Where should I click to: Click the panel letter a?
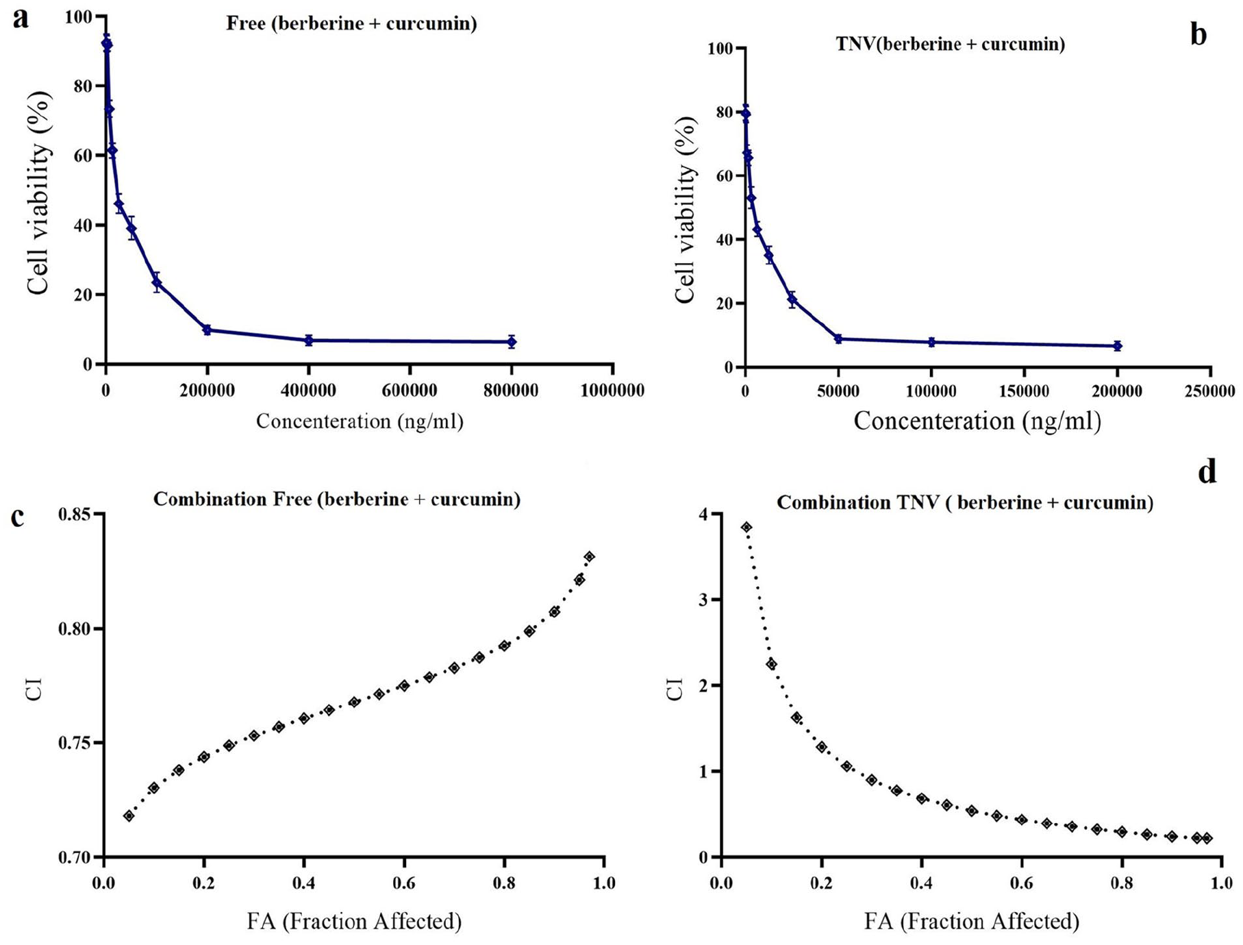(21, 19)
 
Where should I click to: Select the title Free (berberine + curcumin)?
(351, 23)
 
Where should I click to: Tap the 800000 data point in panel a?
(512, 341)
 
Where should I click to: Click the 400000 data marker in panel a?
(309, 340)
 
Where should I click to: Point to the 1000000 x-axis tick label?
(612, 391)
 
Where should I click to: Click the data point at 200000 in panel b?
(1117, 346)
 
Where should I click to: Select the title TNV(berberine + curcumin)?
(951, 44)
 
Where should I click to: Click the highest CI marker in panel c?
(590, 556)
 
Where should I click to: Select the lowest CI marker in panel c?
(129, 815)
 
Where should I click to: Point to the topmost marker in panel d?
(746, 527)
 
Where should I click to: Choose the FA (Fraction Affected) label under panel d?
(971, 921)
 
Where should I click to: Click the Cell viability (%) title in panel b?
(685, 209)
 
